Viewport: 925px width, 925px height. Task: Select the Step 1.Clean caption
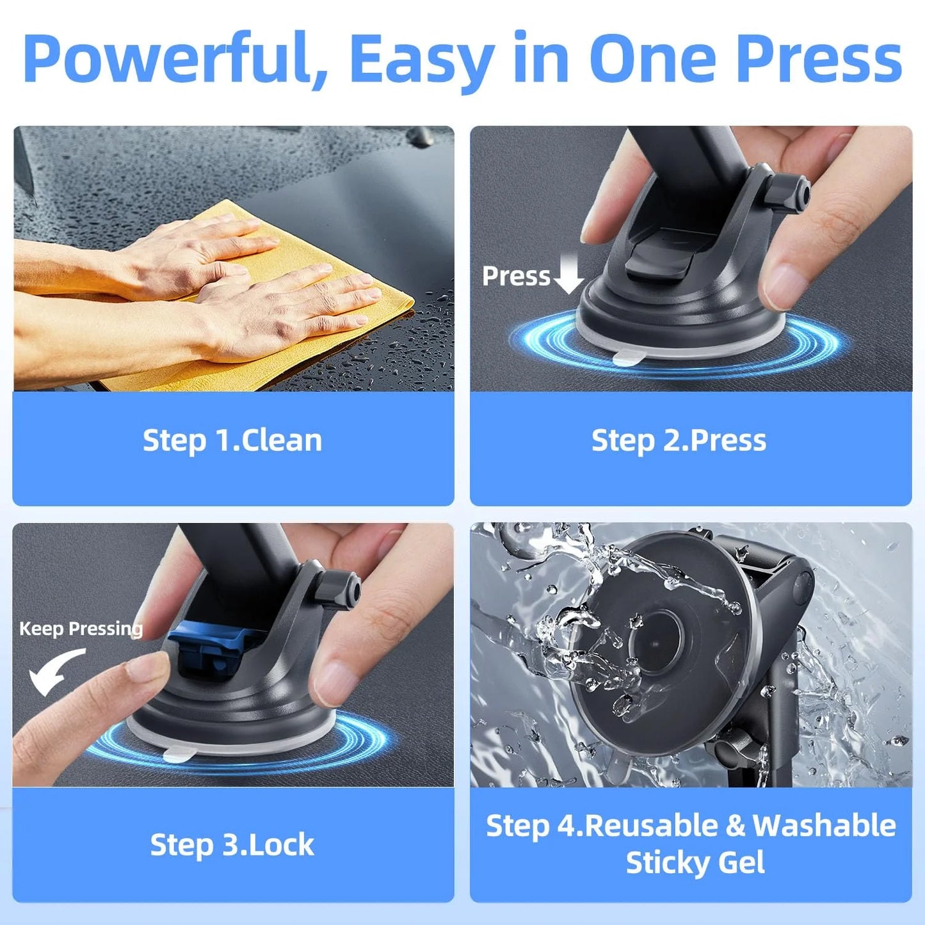pyautogui.click(x=232, y=440)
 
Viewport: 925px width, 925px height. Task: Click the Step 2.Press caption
pyautogui.click(x=679, y=440)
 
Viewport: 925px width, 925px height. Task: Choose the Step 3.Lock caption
pyautogui.click(x=232, y=844)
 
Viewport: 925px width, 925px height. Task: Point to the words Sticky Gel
pyautogui.click(x=695, y=862)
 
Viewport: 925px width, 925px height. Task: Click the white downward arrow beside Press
pyautogui.click(x=568, y=274)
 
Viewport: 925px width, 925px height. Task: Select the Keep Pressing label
pyautogui.click(x=81, y=629)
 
